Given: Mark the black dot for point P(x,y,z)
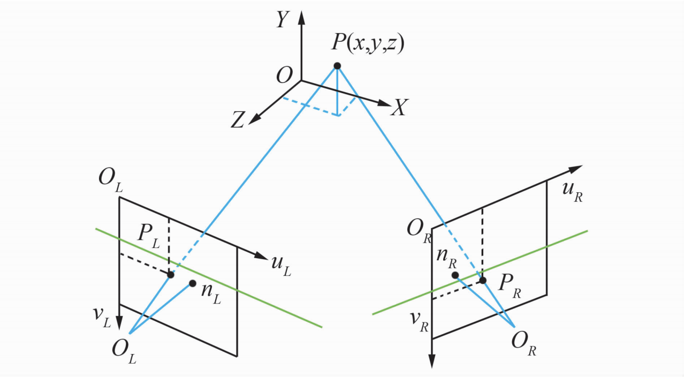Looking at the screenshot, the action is (x=337, y=66).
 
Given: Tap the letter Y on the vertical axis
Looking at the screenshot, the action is (x=283, y=20).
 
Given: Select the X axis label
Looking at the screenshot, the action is (x=399, y=107).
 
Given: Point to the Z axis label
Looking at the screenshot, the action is (x=238, y=119).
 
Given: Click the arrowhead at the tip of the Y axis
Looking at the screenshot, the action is (x=302, y=18).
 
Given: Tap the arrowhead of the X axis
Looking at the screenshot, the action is (x=384, y=103).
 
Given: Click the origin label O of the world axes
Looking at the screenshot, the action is (x=284, y=75).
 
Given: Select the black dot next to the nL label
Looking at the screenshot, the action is (x=192, y=283).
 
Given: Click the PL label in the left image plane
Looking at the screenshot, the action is (x=149, y=237).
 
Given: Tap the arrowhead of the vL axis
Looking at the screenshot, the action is (x=119, y=322).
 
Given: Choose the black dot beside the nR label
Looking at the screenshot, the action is (x=455, y=275).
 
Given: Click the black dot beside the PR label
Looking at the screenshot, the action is (x=483, y=280).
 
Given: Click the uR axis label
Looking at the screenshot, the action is (x=573, y=192).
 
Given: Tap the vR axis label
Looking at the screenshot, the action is (x=419, y=322).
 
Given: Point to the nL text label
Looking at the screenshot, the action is (x=211, y=294).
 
